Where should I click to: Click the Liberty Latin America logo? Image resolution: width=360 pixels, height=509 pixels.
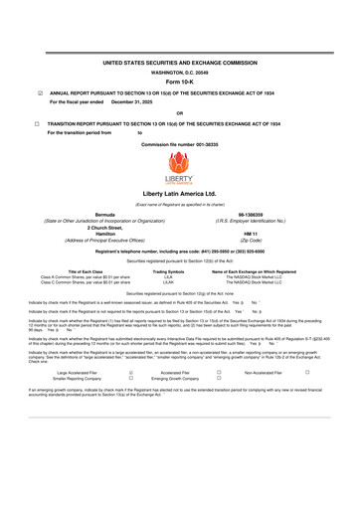coord(179,166)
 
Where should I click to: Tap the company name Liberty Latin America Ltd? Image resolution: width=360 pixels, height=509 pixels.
coord(180,193)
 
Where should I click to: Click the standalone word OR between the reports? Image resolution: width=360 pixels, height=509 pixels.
coord(179,112)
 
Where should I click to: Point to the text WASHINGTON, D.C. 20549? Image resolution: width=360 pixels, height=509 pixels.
coord(179,73)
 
